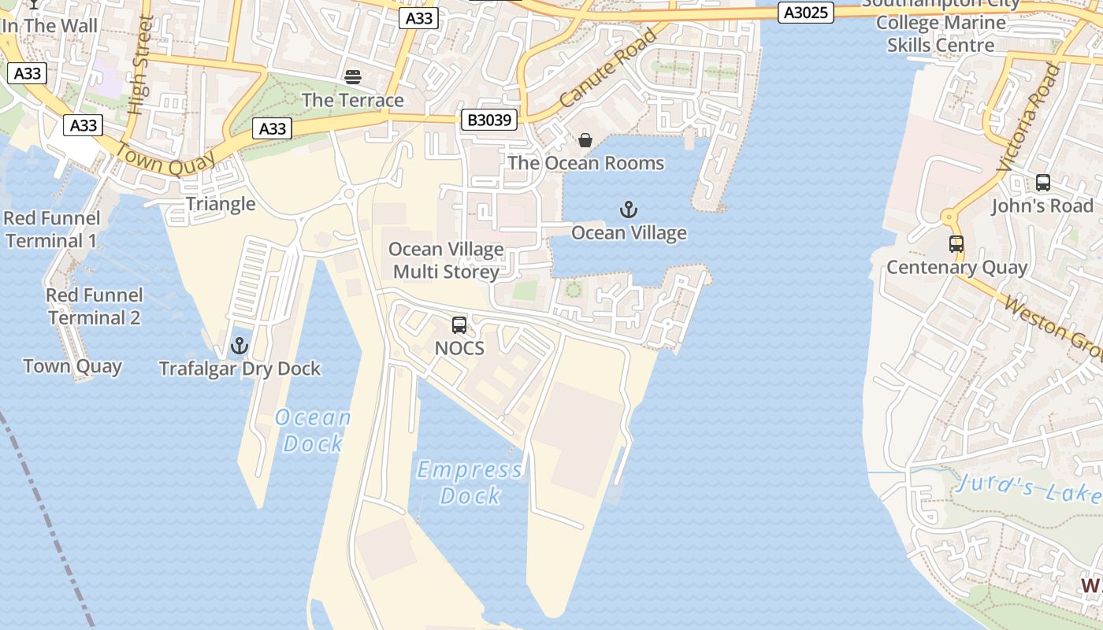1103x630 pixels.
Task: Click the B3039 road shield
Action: (x=489, y=120)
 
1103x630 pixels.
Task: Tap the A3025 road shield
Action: (x=805, y=13)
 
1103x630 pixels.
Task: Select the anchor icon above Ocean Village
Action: (x=628, y=209)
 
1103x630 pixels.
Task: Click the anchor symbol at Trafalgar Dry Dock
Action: (x=239, y=346)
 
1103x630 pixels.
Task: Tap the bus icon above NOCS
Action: (x=459, y=324)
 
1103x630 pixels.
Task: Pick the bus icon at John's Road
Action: (x=1042, y=183)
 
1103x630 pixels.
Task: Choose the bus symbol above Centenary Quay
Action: (x=956, y=244)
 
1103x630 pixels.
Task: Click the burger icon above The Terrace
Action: (x=352, y=77)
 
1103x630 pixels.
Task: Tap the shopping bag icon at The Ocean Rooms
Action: (x=585, y=140)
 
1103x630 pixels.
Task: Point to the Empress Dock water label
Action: (x=470, y=483)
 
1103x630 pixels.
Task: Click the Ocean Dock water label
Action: (x=313, y=430)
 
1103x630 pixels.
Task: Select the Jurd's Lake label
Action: (x=1028, y=487)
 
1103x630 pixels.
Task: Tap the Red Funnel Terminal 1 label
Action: (x=52, y=229)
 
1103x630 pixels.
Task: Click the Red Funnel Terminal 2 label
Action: (x=95, y=306)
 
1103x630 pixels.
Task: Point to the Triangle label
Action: (x=221, y=204)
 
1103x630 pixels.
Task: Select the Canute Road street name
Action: (x=608, y=69)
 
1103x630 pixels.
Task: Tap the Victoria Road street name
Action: (x=1028, y=118)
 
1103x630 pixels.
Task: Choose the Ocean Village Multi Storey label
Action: (x=446, y=261)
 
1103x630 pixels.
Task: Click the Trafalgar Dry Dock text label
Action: (x=240, y=369)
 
